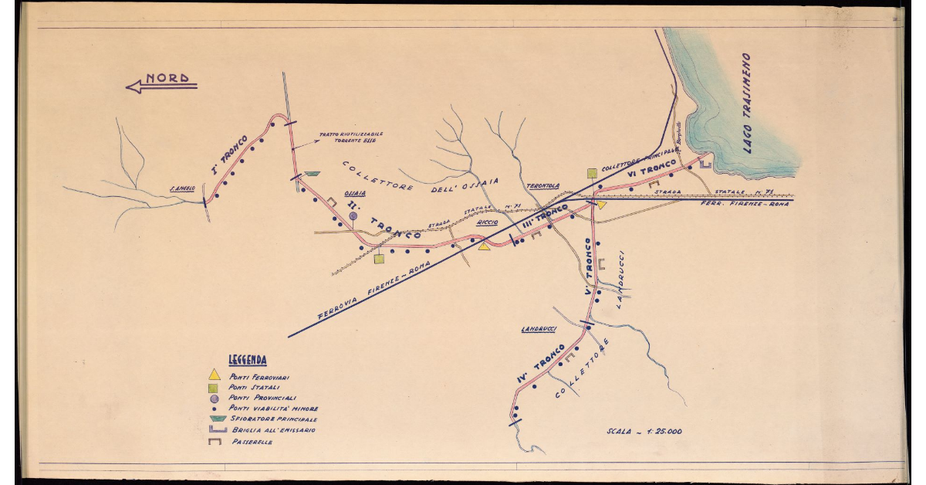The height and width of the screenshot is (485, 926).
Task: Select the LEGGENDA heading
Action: tap(248, 360)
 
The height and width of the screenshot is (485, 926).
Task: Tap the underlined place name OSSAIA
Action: tap(355, 195)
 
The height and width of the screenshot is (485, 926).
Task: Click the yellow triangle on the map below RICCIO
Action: tap(485, 246)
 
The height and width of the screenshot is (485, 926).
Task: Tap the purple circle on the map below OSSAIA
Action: tap(353, 216)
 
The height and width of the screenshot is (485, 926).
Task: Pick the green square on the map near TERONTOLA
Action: tap(592, 173)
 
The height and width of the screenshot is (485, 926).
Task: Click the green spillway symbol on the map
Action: tap(313, 175)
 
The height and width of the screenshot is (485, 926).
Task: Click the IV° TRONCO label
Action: tap(542, 364)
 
